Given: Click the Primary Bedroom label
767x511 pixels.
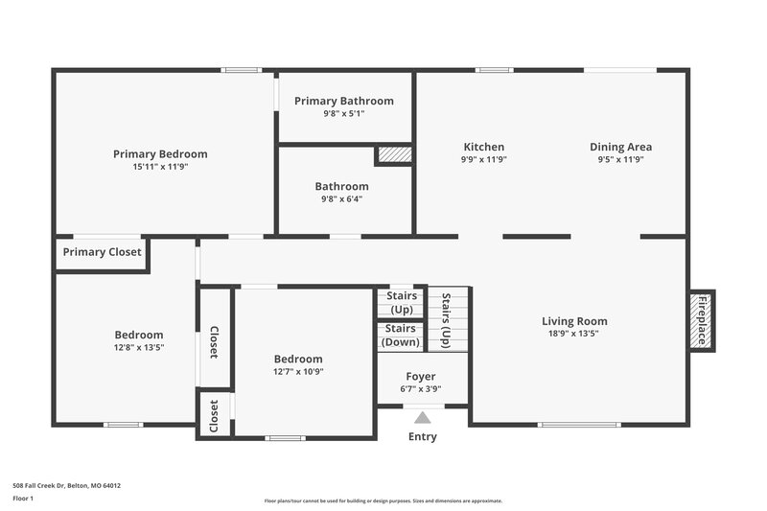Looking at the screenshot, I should click(160, 153).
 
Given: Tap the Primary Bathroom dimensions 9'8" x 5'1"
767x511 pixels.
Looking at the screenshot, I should click(343, 113).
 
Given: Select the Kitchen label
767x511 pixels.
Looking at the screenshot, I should click(483, 147).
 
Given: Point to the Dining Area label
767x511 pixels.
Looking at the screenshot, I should click(620, 147).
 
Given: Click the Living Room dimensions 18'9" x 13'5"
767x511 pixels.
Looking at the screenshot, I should click(574, 334).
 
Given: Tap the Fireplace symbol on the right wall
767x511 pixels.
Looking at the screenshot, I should click(702, 321).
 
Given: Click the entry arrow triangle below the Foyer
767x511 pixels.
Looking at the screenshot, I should click(422, 417).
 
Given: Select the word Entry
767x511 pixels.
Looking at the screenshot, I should click(422, 437).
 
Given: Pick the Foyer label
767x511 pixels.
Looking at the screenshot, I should click(421, 377).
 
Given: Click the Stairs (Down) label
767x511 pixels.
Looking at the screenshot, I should click(401, 336).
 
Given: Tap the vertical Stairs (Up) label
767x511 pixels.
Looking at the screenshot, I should click(446, 318).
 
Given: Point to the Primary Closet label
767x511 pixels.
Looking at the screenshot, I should click(102, 252).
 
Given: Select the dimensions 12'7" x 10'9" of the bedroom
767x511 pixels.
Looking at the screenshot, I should click(298, 371).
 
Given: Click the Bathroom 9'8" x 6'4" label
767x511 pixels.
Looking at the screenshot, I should click(341, 199).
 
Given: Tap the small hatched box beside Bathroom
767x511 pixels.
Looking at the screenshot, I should click(393, 154).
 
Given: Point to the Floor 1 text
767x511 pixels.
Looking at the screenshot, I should click(23, 499).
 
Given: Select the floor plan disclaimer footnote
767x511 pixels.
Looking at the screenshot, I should click(383, 500).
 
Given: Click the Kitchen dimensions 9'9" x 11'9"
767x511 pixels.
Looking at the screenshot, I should click(483, 159).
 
